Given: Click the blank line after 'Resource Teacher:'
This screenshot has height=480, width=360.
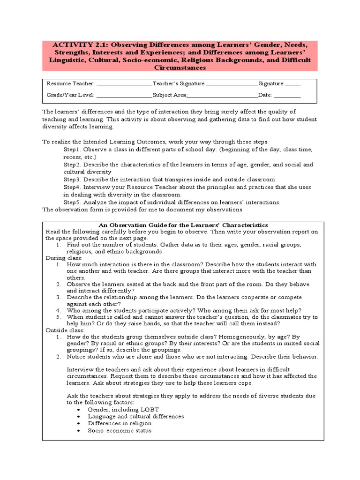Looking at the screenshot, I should click(x=124, y=84).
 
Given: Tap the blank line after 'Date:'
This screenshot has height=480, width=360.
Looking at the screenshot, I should click(x=287, y=96).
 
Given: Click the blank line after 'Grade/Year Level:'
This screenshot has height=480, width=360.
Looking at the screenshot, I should click(x=124, y=96).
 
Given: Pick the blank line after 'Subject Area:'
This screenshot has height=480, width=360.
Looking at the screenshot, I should click(x=222, y=96).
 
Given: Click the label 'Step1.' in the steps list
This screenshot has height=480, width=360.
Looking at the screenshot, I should click(x=73, y=149).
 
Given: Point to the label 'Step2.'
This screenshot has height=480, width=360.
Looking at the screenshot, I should click(x=73, y=165).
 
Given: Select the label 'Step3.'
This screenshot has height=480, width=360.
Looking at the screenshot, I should click(x=73, y=180).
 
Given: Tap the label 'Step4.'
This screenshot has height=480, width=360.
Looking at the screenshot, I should click(x=73, y=187).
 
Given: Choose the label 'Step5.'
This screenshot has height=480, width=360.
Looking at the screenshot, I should click(x=73, y=202).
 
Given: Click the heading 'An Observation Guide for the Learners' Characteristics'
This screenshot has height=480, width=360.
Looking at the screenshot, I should click(x=183, y=225).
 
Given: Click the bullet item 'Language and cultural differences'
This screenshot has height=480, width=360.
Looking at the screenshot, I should click(x=135, y=416).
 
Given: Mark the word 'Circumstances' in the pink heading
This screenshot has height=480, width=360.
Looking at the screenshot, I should click(x=180, y=67).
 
